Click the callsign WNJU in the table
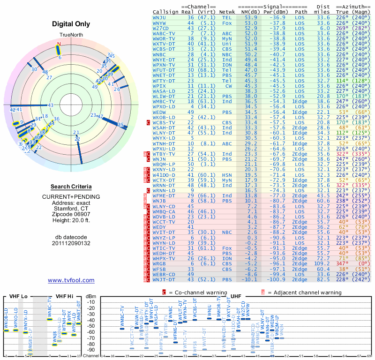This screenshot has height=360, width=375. (x=160, y=17)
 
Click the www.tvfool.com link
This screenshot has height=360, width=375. (x=71, y=280)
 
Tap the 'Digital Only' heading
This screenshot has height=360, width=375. (x=71, y=24)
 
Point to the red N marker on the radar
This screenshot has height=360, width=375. (x=59, y=44)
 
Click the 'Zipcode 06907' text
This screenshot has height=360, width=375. (x=71, y=214)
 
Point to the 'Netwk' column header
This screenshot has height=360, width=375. (x=227, y=12)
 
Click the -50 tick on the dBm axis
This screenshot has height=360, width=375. (x=91, y=326)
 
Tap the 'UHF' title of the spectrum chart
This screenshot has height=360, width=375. (x=236, y=296)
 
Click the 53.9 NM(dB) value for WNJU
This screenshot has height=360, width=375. (x=250, y=17)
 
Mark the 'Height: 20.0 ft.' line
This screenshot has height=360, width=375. (x=71, y=221)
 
